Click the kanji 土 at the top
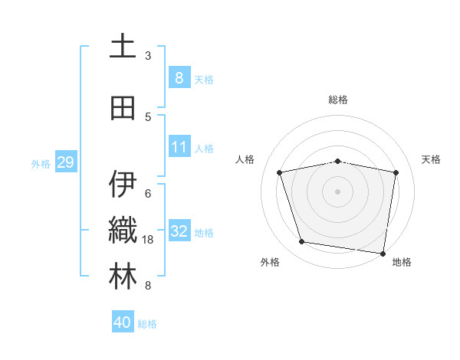[x=123, y=46]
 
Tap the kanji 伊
[x=123, y=184]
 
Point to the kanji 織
[x=123, y=231]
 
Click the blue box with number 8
[x=179, y=78]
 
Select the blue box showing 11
[x=179, y=147]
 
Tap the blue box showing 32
[x=179, y=231]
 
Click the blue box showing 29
[x=65, y=162]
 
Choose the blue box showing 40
[x=123, y=322]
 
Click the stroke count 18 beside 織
[x=149, y=240]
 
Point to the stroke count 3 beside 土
[x=148, y=56]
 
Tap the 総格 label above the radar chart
[x=337, y=100]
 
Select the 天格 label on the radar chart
[x=431, y=159]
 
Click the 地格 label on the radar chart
[x=402, y=263]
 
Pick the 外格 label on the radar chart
[x=270, y=263]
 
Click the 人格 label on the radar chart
[x=245, y=159]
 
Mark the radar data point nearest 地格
[x=383, y=253]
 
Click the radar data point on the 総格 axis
[x=337, y=161]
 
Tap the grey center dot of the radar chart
[x=337, y=191]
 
